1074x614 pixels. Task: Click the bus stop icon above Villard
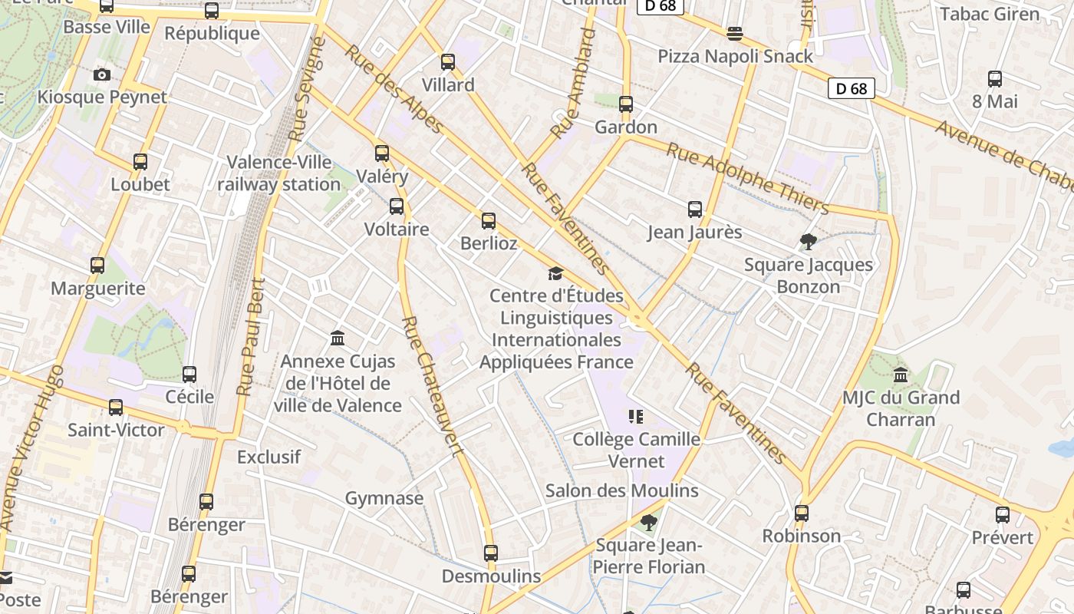pyautogui.click(x=448, y=62)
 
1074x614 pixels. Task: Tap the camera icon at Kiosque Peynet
pyautogui.click(x=101, y=74)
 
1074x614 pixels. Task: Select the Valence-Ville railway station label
pyautogui.click(x=278, y=173)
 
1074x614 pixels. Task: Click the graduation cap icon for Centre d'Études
pyautogui.click(x=555, y=273)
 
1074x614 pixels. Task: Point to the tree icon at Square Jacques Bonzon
pyautogui.click(x=808, y=243)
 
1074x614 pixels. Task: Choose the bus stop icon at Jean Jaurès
pyautogui.click(x=695, y=210)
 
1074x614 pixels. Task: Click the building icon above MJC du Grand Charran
pyautogui.click(x=901, y=375)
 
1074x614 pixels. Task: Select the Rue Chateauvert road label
pyautogui.click(x=433, y=386)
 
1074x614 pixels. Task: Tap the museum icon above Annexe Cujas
pyautogui.click(x=337, y=338)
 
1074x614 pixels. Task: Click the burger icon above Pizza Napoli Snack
pyautogui.click(x=735, y=33)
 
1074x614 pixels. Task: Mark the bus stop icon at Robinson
pyautogui.click(x=802, y=513)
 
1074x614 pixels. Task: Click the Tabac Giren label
pyautogui.click(x=990, y=14)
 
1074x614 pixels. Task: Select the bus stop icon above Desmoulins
pyautogui.click(x=491, y=553)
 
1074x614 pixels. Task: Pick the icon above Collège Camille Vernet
pyautogui.click(x=635, y=417)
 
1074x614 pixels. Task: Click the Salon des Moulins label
pyautogui.click(x=621, y=490)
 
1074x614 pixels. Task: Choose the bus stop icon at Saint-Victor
pyautogui.click(x=116, y=408)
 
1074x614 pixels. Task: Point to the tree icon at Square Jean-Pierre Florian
pyautogui.click(x=649, y=523)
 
